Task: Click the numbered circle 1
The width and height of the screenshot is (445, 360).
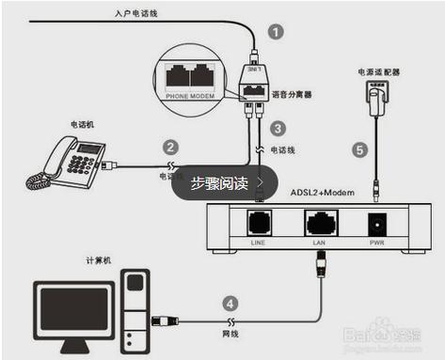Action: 276,30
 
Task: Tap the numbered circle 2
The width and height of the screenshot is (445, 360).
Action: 170,147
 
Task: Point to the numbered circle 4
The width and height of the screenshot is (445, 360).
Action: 229,303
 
